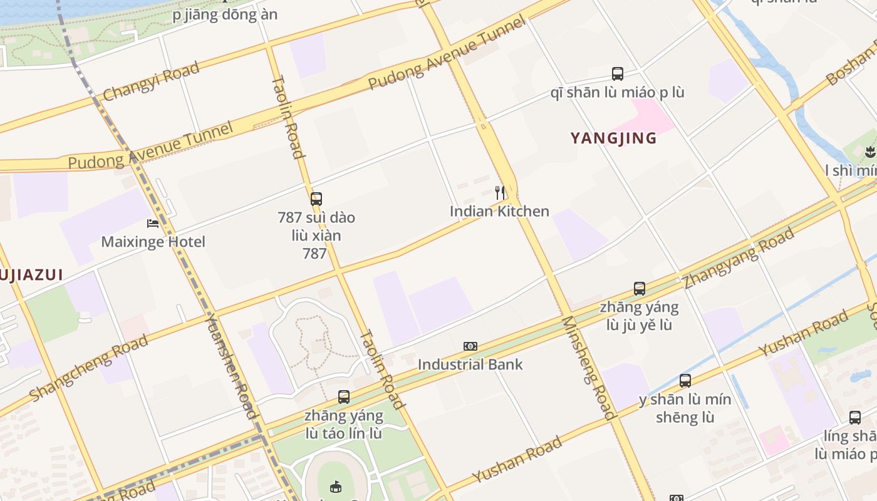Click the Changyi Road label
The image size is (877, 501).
pyautogui.click(x=151, y=81)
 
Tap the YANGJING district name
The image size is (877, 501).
pyautogui.click(x=613, y=138)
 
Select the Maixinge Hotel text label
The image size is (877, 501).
pyautogui.click(x=153, y=242)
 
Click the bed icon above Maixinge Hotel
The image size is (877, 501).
pyautogui.click(x=153, y=223)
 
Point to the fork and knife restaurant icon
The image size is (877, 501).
pyautogui.click(x=499, y=192)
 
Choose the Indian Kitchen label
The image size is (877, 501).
pyautogui.click(x=499, y=211)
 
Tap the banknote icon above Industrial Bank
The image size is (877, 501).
pyautogui.click(x=470, y=346)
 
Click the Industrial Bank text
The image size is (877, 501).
pyautogui.click(x=470, y=364)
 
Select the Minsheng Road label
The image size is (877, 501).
pyautogui.click(x=588, y=368)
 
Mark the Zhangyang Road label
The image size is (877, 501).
pyautogui.click(x=739, y=257)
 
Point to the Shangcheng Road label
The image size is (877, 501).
pyautogui.click(x=89, y=368)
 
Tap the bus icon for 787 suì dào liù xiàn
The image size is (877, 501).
pyautogui.click(x=316, y=199)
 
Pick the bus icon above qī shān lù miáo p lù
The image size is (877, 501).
pyautogui.click(x=618, y=74)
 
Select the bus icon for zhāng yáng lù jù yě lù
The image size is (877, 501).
pyautogui.click(x=639, y=289)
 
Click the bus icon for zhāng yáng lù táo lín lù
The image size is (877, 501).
pyautogui.click(x=344, y=396)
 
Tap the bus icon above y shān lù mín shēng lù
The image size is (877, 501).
pyautogui.click(x=685, y=381)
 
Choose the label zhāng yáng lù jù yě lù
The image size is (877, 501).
pyautogui.click(x=639, y=316)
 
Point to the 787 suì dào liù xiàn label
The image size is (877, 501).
pyautogui.click(x=316, y=235)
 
